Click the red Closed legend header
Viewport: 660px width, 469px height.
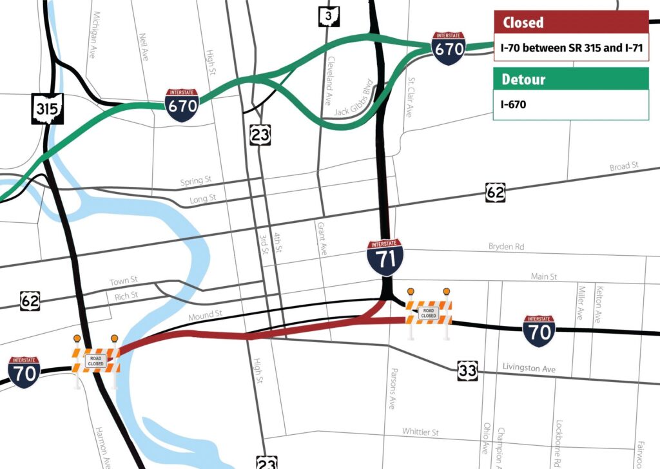(570, 23)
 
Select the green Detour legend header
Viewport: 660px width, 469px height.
(570, 79)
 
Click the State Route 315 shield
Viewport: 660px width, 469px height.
(48, 109)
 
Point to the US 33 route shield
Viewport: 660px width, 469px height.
(468, 370)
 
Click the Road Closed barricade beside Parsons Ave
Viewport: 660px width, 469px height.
(429, 312)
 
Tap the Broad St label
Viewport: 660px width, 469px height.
(623, 167)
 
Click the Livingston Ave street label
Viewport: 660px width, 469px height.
(529, 368)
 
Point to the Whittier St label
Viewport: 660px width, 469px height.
(420, 431)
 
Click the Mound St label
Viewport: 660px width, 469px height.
(205, 316)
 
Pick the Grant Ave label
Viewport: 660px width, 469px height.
(320, 238)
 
